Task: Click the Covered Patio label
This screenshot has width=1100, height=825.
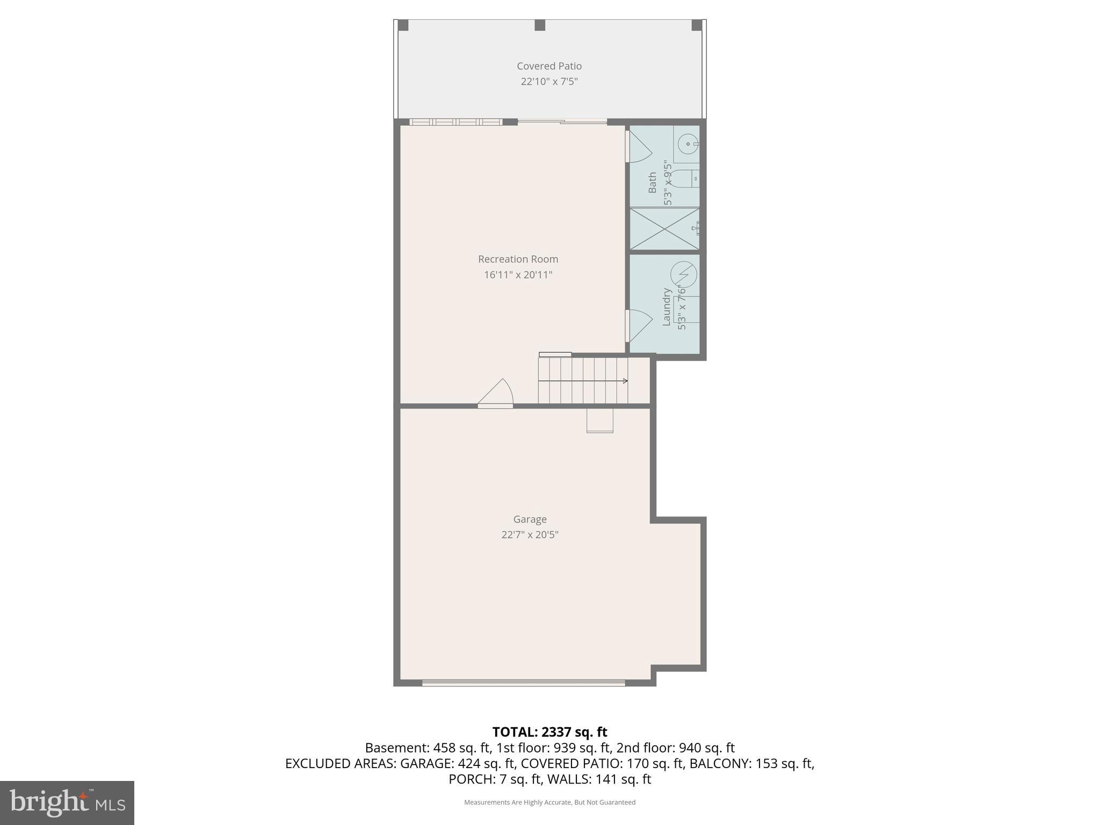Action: [x=549, y=66]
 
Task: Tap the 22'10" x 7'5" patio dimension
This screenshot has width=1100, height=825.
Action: [x=549, y=82]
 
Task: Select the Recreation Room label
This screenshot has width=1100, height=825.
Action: [x=518, y=259]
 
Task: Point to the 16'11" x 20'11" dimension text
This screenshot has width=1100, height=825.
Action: [x=518, y=275]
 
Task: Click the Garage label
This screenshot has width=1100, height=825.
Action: [x=530, y=519]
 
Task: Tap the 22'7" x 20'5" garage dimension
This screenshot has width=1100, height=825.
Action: [x=530, y=534]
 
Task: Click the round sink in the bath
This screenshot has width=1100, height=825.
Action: [x=687, y=144]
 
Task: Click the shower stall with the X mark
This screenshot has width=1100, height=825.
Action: [x=664, y=229]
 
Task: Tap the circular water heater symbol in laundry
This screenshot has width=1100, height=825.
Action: [x=684, y=274]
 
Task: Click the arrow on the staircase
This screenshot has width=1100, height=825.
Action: [x=625, y=381]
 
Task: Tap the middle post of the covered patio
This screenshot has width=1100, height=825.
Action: [x=540, y=25]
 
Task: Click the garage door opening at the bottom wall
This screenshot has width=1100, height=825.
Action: [x=523, y=683]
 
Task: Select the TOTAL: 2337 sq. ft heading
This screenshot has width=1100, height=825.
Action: [x=549, y=732]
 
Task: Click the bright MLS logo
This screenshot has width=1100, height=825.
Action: [x=67, y=802]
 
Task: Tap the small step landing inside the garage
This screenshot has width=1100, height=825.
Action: [x=599, y=421]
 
